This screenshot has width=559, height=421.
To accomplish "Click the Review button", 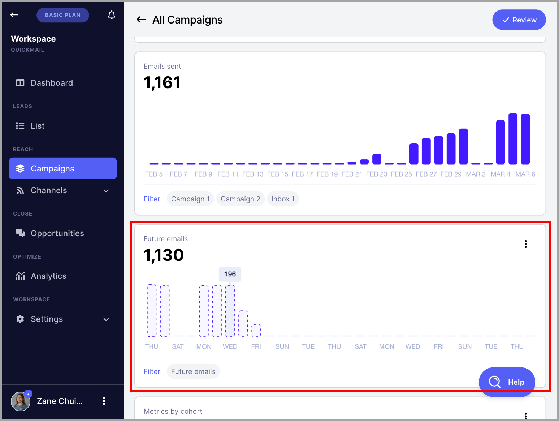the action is (x=519, y=20).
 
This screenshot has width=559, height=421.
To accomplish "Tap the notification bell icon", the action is (x=111, y=15).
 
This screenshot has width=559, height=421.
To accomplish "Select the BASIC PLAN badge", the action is (x=62, y=15).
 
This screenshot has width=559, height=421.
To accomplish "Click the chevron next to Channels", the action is (x=106, y=191).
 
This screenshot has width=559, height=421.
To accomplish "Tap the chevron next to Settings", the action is (x=106, y=319).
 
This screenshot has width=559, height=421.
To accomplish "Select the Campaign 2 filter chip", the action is (x=240, y=199).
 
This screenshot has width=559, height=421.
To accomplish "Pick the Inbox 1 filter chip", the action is (x=283, y=199).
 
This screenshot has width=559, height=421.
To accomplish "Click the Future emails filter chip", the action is (x=193, y=371).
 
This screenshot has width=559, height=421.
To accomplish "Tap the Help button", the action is (x=507, y=382).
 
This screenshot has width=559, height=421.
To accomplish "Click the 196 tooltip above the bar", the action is (x=230, y=274).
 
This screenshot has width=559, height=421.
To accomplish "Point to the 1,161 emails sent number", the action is (x=162, y=82).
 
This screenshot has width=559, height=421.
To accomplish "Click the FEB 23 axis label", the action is (x=376, y=174).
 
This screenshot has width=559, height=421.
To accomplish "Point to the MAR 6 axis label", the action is (x=525, y=174).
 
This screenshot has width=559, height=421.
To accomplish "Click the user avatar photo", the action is (x=21, y=401).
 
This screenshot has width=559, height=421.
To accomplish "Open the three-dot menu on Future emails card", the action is (x=526, y=244).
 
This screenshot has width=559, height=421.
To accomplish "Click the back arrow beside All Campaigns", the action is (x=141, y=20).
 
